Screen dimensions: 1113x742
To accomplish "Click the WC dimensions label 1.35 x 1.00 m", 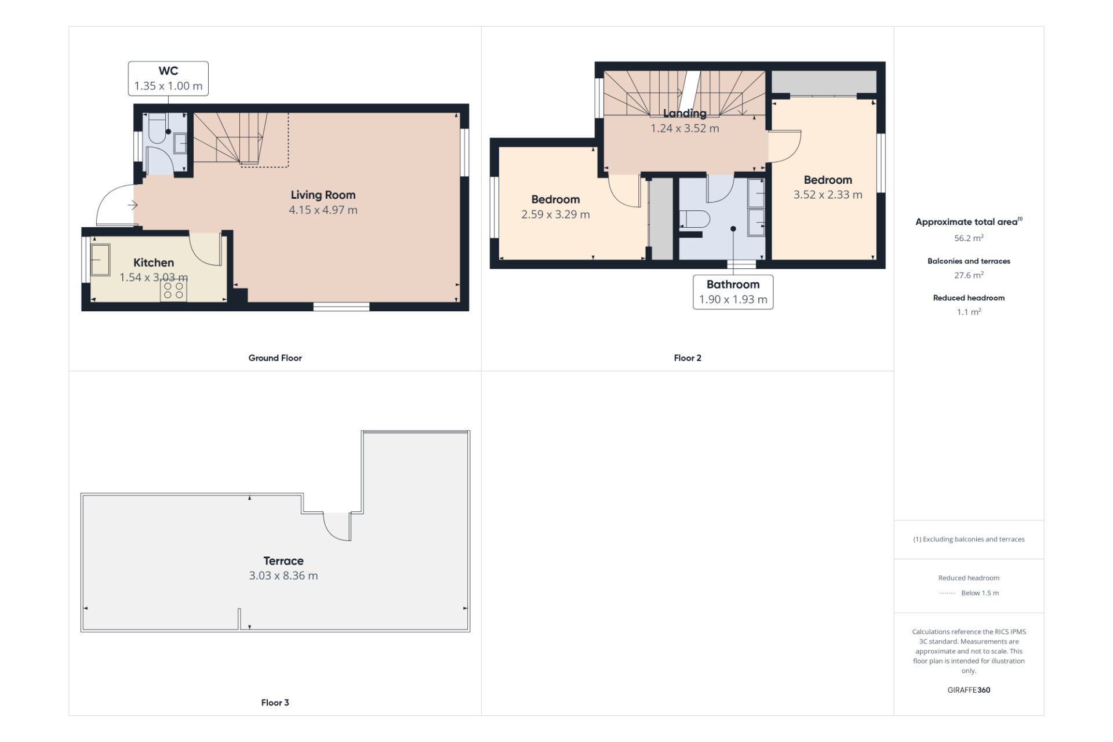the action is click(x=168, y=86).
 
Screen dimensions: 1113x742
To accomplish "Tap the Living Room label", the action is click(x=323, y=195).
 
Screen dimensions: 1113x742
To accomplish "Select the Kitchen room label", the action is click(x=154, y=263).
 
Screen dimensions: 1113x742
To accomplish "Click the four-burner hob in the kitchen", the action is click(x=173, y=290).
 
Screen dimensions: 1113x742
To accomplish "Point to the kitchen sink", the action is click(x=100, y=260).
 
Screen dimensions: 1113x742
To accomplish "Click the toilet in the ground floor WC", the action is click(x=157, y=128).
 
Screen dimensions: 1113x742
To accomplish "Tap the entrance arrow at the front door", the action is click(x=132, y=205).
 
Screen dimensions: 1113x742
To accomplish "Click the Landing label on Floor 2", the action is click(x=685, y=113).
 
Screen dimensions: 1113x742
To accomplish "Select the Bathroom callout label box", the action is click(x=733, y=292).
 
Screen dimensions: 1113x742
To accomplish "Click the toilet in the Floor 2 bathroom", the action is click(x=695, y=220).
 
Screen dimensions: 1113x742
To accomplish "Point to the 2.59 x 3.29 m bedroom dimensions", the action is click(x=555, y=214).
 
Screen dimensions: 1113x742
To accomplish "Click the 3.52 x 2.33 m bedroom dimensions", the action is click(x=828, y=195).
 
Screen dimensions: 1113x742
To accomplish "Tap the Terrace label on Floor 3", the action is click(x=283, y=561).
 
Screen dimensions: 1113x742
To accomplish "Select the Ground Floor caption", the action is click(x=275, y=358).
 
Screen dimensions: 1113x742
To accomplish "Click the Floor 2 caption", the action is click(x=688, y=358).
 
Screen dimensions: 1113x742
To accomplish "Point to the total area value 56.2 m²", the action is click(x=969, y=238).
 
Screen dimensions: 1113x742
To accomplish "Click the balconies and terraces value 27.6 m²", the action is click(x=969, y=275).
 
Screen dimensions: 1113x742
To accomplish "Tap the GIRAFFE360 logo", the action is click(x=969, y=690).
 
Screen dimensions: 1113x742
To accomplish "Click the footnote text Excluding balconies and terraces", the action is click(x=973, y=539).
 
